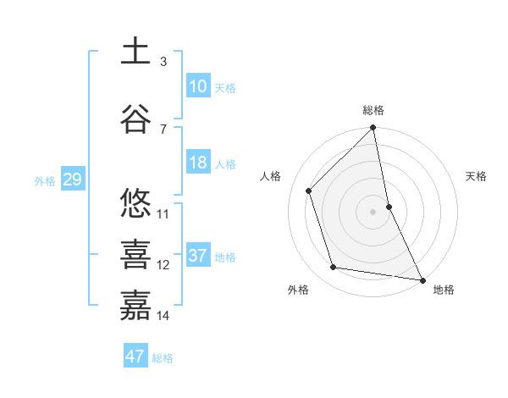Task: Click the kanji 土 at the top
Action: click(x=135, y=52)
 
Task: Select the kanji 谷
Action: click(x=135, y=118)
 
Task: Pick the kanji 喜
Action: click(x=135, y=253)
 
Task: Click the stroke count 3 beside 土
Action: click(x=163, y=62)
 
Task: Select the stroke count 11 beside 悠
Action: click(x=163, y=213)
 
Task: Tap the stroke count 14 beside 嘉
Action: click(x=163, y=315)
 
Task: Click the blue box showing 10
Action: click(x=197, y=86)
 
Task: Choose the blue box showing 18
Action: click(x=197, y=163)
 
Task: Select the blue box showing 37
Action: click(x=197, y=256)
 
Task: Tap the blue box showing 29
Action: click(x=72, y=180)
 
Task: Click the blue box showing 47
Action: click(x=135, y=357)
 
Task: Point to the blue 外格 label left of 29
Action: click(x=45, y=180)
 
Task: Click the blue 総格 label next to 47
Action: click(x=163, y=358)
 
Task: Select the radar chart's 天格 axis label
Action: click(x=476, y=176)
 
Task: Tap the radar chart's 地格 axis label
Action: click(x=444, y=290)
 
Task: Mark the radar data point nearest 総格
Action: click(x=373, y=129)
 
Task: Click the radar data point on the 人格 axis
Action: click(x=309, y=191)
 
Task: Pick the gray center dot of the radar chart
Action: click(x=373, y=211)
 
